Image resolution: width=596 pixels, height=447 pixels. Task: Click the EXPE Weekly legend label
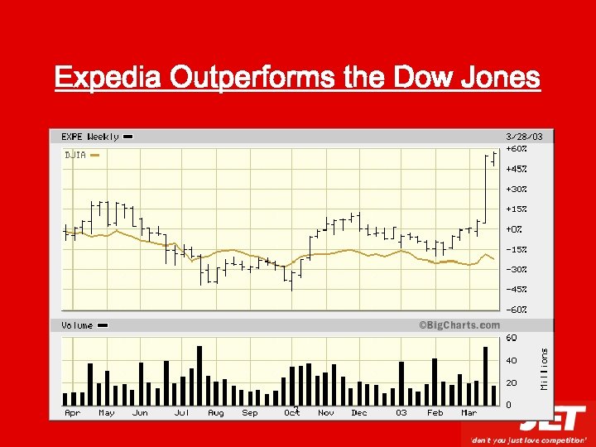tap(91, 137)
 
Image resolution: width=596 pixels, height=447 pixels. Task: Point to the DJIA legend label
tap(75, 155)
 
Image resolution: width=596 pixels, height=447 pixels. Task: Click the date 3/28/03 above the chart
tap(524, 137)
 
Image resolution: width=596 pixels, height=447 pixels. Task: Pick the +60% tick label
tap(517, 149)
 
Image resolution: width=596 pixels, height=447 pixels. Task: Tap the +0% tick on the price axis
tap(514, 229)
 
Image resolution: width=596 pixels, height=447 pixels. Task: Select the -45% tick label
tap(517, 289)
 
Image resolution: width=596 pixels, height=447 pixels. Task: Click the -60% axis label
tap(517, 309)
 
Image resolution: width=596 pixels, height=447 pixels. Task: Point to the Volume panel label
tap(77, 325)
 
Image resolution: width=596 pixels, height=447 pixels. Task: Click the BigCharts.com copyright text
tap(459, 325)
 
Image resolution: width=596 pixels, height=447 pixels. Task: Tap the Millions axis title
tap(544, 368)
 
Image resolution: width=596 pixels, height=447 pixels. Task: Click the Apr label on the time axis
tap(73, 412)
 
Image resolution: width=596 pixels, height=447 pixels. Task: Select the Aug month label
tap(216, 412)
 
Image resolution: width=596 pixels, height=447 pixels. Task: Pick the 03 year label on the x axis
tap(401, 412)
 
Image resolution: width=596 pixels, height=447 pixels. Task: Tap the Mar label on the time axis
tap(469, 412)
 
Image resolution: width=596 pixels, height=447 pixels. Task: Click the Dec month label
tap(358, 412)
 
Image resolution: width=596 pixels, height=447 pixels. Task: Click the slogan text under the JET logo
tap(528, 440)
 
